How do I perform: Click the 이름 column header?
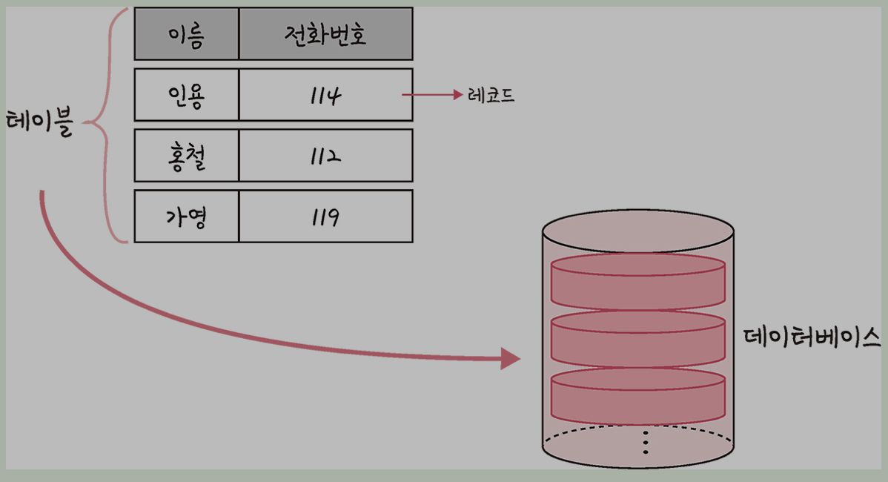[x=186, y=34]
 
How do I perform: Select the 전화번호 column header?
[x=325, y=34]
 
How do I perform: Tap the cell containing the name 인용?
[x=186, y=95]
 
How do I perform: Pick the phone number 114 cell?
[x=325, y=95]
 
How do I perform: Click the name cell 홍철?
[x=186, y=156]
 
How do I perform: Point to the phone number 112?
[x=325, y=156]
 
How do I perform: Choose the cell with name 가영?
[x=186, y=217]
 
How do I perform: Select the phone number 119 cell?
[x=325, y=217]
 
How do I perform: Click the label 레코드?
[x=491, y=96]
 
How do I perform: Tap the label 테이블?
[x=40, y=123]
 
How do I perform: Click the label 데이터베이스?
[x=811, y=336]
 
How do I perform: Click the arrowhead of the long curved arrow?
[x=511, y=359]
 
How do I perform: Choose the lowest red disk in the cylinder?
[x=637, y=394]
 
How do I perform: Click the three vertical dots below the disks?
[x=646, y=442]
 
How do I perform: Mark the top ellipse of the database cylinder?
[x=638, y=230]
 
